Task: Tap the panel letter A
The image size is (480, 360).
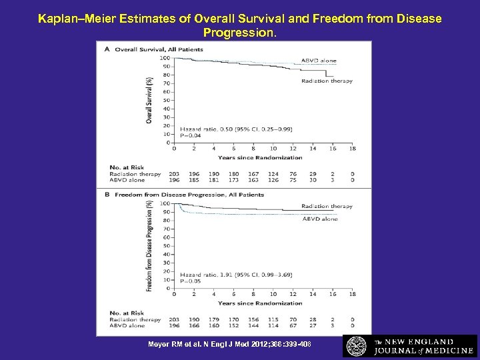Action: click(100, 49)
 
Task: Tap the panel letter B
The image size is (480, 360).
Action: click(100, 195)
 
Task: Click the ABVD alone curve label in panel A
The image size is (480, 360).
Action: click(319, 61)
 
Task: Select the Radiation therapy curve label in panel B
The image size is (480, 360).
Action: click(327, 206)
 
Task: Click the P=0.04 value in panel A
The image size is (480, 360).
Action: click(191, 135)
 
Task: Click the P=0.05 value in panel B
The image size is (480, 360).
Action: click(191, 281)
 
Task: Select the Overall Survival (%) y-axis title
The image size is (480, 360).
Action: click(149, 100)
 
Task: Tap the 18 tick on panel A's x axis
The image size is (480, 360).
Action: click(351, 149)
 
